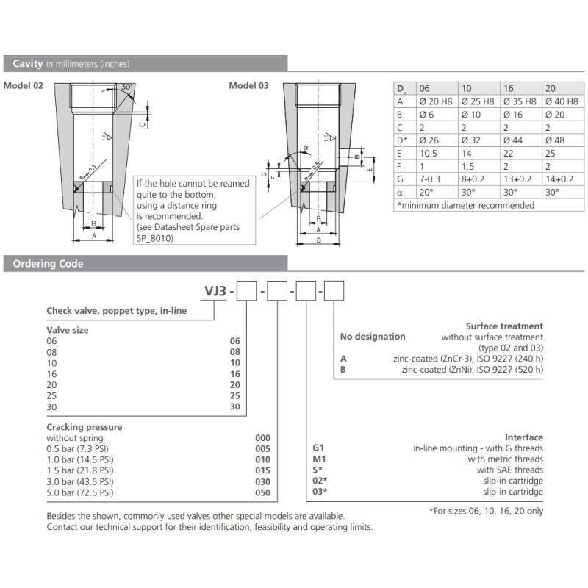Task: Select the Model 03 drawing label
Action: point(248,86)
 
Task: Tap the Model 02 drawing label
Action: point(24,86)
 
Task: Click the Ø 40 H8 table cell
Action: point(562,101)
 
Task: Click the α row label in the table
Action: point(401,192)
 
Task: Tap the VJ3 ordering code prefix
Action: point(218,293)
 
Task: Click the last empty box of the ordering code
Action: point(334,293)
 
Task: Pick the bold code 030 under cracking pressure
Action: point(262,481)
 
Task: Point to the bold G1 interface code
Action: point(319,448)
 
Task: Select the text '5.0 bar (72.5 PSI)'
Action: point(80,492)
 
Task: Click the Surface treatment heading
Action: point(504,326)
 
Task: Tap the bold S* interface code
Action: point(318,470)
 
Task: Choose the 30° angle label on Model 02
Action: point(126,87)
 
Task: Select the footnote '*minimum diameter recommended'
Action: point(465,205)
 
